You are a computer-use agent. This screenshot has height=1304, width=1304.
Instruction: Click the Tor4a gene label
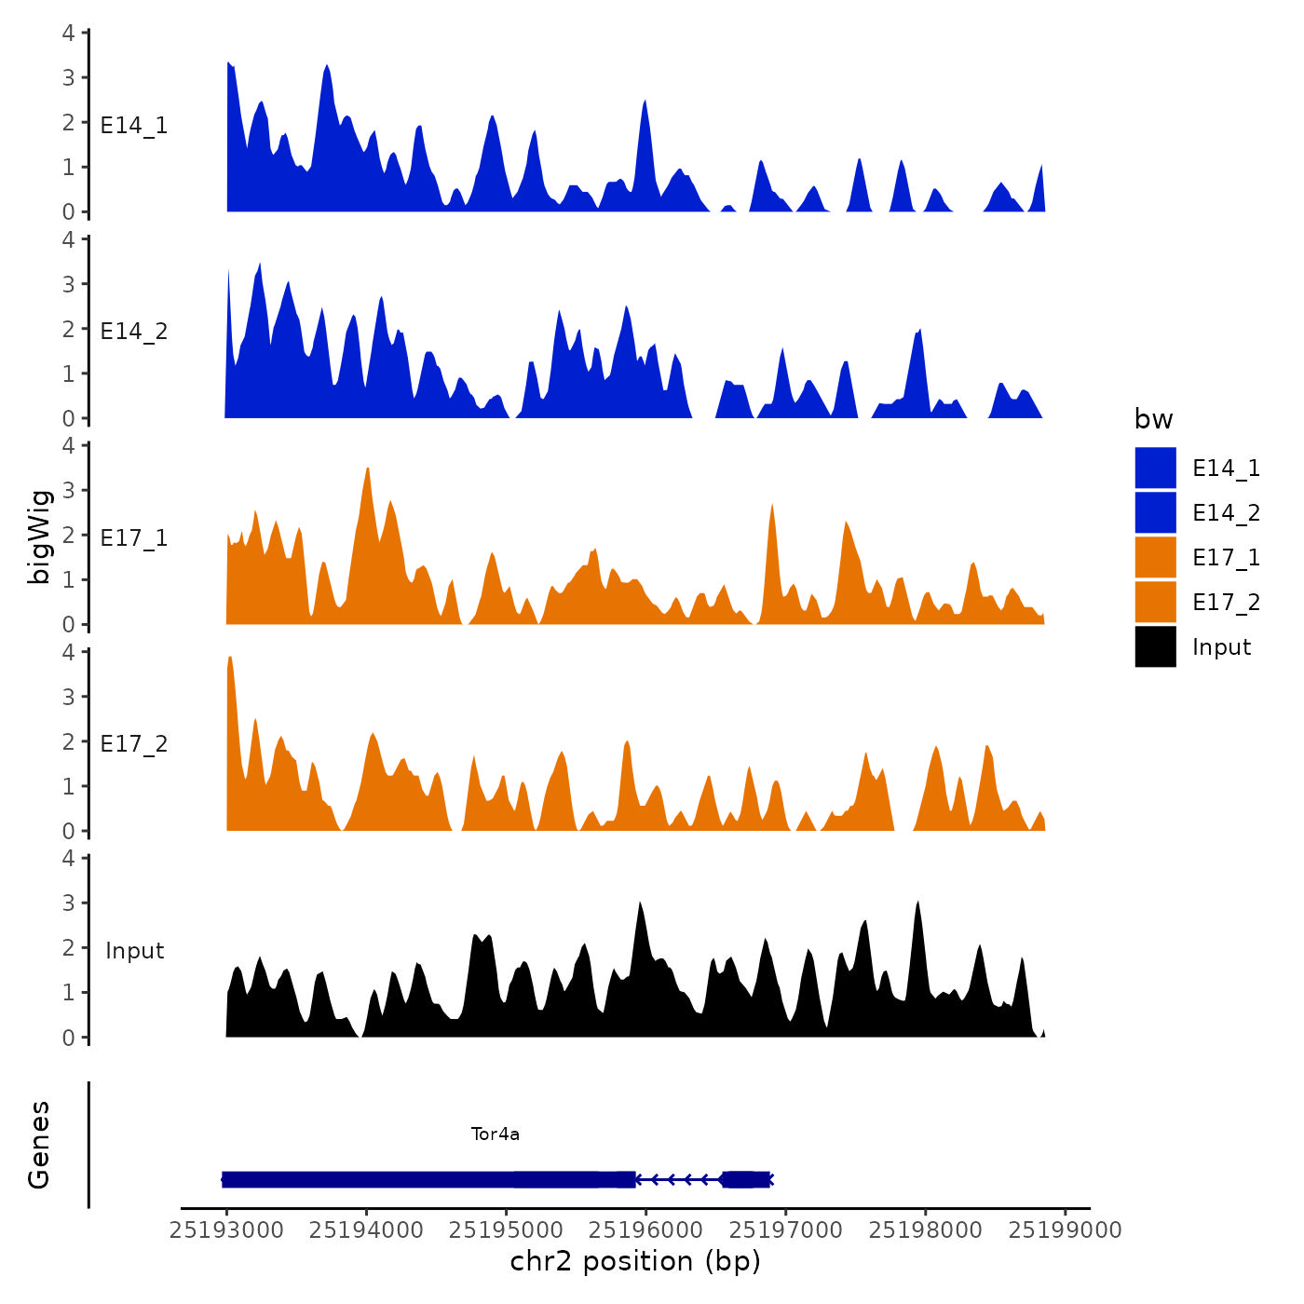tap(496, 1134)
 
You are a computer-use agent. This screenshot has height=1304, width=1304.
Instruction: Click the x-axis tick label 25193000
tap(226, 1229)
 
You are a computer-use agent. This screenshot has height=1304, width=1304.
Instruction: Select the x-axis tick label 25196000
tap(646, 1229)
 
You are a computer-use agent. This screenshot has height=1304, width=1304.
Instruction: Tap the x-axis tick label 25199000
tap(1066, 1229)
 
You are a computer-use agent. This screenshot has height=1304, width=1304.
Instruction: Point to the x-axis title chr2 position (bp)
tap(635, 1261)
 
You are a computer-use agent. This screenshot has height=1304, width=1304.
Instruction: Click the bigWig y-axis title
tap(39, 537)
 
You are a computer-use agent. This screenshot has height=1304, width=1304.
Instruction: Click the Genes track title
tap(39, 1145)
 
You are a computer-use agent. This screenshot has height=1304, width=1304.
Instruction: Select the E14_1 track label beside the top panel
tap(134, 126)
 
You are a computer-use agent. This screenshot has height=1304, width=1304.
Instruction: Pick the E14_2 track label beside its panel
tap(134, 332)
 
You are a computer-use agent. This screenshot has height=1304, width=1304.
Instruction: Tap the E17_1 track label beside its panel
tap(134, 538)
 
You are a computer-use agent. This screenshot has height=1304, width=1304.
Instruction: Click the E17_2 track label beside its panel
tap(134, 744)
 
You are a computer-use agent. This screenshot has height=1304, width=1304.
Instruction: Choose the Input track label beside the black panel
tap(134, 951)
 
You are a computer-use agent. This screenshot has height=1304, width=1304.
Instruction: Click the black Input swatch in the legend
tap(1155, 647)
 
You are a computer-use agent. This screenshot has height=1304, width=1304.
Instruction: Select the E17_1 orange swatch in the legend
tap(1155, 558)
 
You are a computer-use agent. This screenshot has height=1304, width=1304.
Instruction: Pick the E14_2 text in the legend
tap(1226, 513)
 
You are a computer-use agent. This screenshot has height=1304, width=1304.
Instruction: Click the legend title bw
tap(1153, 420)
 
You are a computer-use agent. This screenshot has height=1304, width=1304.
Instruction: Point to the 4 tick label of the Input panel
tap(69, 858)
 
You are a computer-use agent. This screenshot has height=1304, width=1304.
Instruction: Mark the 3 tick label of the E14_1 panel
tap(69, 77)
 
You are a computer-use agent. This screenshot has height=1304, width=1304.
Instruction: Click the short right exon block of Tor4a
tap(746, 1180)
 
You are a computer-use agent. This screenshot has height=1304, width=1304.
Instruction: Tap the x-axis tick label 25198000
tap(926, 1229)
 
